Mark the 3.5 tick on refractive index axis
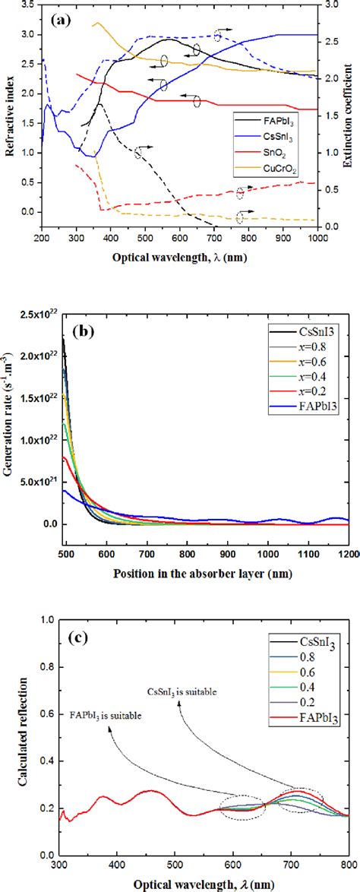32,5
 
